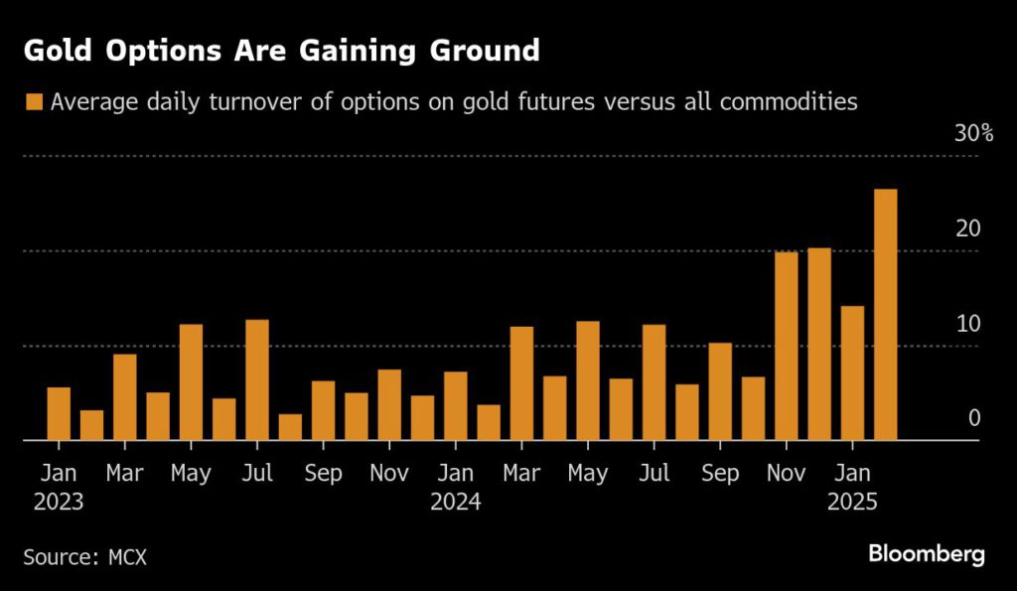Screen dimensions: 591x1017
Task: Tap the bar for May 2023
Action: point(191,382)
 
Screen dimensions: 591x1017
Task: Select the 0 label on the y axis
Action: point(974,418)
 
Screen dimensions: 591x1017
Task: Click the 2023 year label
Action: point(59,502)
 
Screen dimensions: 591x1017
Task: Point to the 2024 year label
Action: point(456,502)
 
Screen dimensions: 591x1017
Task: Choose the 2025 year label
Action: point(852,502)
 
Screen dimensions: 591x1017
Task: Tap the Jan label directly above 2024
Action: point(456,474)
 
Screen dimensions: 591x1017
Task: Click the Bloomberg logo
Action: point(927,553)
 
